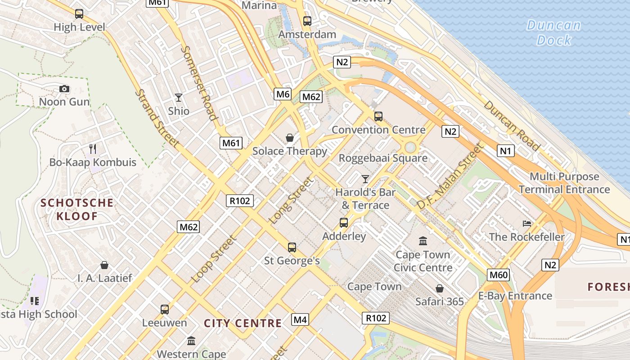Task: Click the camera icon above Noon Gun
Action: [x=64, y=89]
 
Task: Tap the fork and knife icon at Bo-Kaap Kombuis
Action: [x=93, y=149]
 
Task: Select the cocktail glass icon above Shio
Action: [x=179, y=98]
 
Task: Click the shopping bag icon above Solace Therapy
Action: [x=290, y=138]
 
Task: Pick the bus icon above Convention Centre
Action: [x=378, y=117]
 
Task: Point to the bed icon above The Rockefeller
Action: [x=526, y=224]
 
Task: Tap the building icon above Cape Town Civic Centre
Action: [x=423, y=241]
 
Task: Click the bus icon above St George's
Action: [x=292, y=247]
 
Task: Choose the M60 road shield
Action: [x=498, y=275]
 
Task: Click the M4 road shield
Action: [x=300, y=320]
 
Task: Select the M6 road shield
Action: [x=283, y=94]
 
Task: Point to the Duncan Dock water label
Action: [x=554, y=32]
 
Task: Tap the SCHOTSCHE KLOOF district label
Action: [x=77, y=209]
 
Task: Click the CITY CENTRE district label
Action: [x=243, y=323]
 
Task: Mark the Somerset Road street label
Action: [x=200, y=83]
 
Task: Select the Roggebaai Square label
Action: [x=383, y=158]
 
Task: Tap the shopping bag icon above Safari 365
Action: [x=439, y=288]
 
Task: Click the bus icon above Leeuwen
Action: [x=165, y=310]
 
